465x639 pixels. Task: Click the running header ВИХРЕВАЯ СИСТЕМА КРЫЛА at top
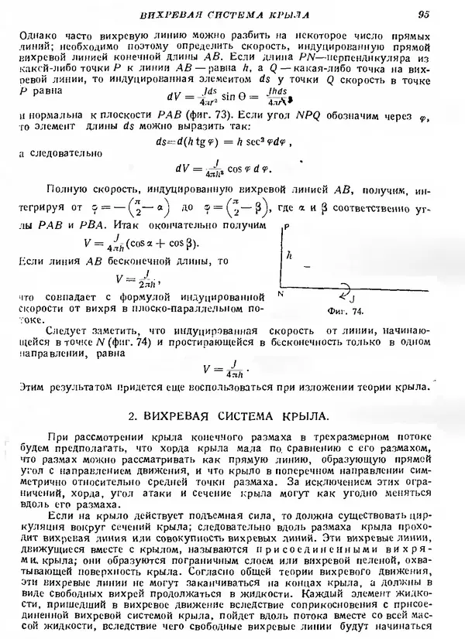pos(232,14)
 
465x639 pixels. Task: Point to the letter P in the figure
pos(287,228)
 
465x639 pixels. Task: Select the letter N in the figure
pos(281,295)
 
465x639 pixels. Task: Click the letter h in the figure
pos(288,253)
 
